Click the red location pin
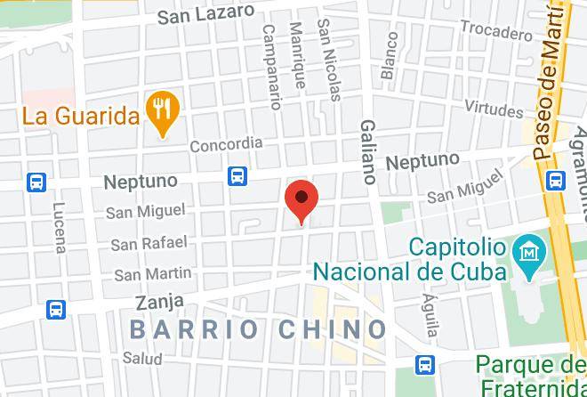302,200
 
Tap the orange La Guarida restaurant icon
161,112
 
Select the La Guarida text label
81,116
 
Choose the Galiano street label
368,152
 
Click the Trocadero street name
495,31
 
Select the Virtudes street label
494,109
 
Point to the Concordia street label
226,143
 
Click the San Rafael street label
149,243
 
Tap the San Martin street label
153,273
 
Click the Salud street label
142,358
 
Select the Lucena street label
59,227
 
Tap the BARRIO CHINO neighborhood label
258,329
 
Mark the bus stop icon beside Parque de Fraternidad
426,364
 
